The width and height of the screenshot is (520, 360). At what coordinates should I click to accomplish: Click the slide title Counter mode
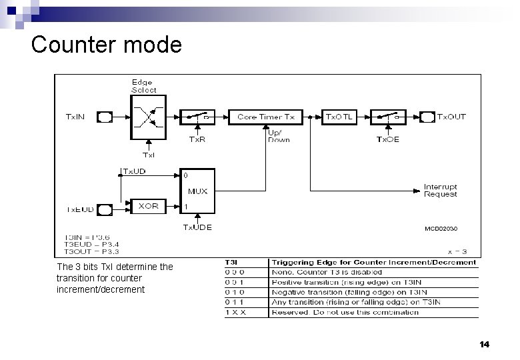tap(106, 45)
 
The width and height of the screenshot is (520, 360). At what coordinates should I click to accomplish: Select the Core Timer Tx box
tap(265, 117)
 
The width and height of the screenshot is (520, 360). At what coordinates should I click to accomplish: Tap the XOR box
tap(147, 206)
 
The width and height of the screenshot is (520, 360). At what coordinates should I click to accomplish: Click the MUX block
tap(197, 192)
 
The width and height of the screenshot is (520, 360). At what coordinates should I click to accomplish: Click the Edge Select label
tap(144, 86)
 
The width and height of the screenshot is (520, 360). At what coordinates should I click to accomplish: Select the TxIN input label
tap(75, 117)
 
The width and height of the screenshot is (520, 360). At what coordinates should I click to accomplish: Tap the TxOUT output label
tap(451, 117)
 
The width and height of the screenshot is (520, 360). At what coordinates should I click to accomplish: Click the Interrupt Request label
tap(440, 190)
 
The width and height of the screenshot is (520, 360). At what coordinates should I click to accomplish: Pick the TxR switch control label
tap(197, 139)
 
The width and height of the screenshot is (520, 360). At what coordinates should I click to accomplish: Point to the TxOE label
tap(389, 139)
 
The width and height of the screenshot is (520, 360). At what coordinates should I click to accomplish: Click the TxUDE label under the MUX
tap(197, 227)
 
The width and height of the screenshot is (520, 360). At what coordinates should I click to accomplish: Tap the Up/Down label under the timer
tap(278, 136)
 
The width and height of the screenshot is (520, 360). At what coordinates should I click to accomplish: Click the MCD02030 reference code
tap(441, 228)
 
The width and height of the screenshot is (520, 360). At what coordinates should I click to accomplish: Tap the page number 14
tap(484, 345)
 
